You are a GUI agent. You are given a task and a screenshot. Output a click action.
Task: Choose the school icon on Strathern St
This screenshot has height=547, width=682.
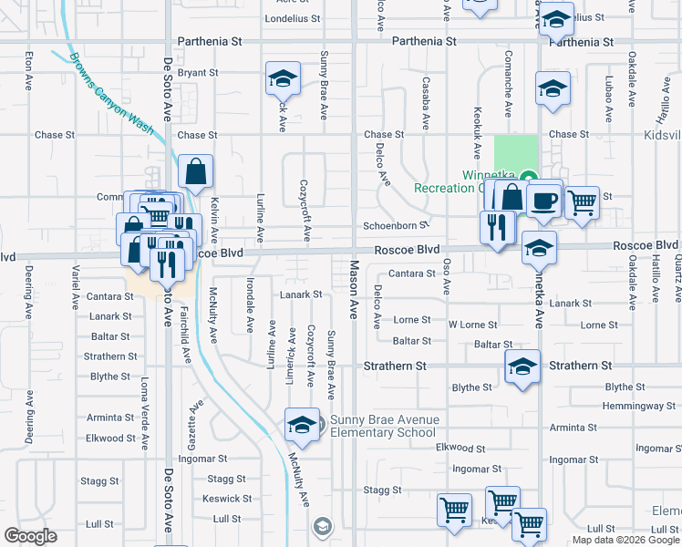522,367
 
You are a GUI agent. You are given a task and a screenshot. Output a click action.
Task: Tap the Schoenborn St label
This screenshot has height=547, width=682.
396,225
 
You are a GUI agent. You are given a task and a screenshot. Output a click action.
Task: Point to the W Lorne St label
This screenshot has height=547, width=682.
471,325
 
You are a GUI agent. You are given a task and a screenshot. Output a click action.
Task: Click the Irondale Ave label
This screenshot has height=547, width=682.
250,305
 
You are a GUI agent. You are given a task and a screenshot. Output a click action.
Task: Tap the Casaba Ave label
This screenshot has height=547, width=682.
426,103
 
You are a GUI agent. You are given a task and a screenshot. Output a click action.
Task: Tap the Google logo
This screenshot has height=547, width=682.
31,536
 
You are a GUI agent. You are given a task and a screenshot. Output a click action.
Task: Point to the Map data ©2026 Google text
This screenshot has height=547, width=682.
625,540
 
